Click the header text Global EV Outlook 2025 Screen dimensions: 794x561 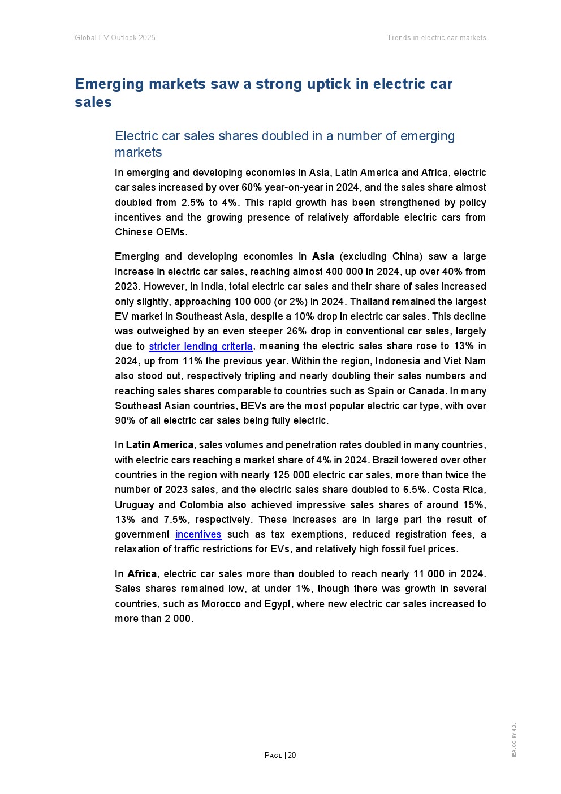[x=115, y=38]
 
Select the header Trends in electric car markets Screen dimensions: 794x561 [x=436, y=38]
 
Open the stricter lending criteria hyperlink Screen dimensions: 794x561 [x=200, y=346]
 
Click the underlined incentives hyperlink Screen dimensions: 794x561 [x=198, y=534]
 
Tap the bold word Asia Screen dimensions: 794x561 [x=323, y=256]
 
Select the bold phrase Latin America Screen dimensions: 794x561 [x=159, y=445]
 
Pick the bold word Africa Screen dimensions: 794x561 [x=142, y=574]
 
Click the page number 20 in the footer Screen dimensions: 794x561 [x=292, y=755]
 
